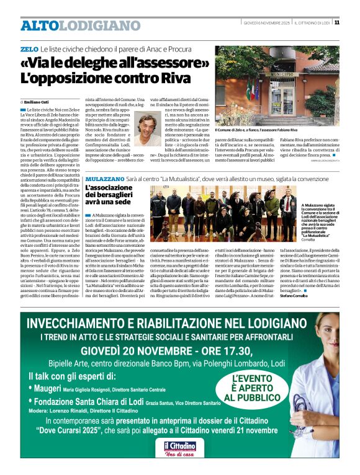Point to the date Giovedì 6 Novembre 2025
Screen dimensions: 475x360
pyautogui.click(x=266, y=23)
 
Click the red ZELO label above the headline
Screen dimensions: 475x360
pyautogui.click(x=29, y=48)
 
